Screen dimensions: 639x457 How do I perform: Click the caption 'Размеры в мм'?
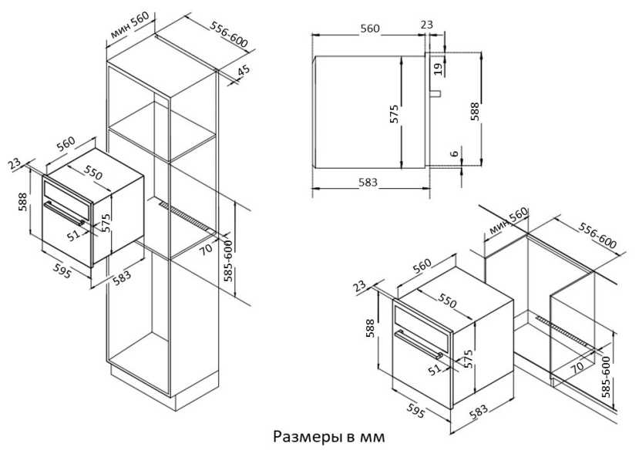point(328,437)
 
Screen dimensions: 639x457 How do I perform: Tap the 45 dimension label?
point(244,71)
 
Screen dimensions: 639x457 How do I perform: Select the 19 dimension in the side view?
point(438,69)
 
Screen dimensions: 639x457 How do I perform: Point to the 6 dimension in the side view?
point(455,153)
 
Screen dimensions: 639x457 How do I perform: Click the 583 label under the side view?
point(368,182)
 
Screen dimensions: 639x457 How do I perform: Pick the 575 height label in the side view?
point(394,114)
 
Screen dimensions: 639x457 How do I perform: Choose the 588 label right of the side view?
point(475,111)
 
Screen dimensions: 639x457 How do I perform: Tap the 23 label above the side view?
point(427,25)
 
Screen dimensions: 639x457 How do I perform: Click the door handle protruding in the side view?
point(436,93)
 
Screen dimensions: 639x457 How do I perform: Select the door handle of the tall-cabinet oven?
point(65,213)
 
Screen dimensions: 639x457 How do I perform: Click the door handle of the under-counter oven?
point(419,345)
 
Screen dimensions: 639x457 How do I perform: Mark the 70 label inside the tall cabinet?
point(207,248)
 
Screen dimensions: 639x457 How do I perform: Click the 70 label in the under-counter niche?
point(577,367)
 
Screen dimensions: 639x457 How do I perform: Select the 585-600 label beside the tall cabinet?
point(228,260)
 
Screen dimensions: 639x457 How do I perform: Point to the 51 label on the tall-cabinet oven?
point(74,235)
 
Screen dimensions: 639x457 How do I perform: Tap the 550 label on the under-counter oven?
point(448,301)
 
